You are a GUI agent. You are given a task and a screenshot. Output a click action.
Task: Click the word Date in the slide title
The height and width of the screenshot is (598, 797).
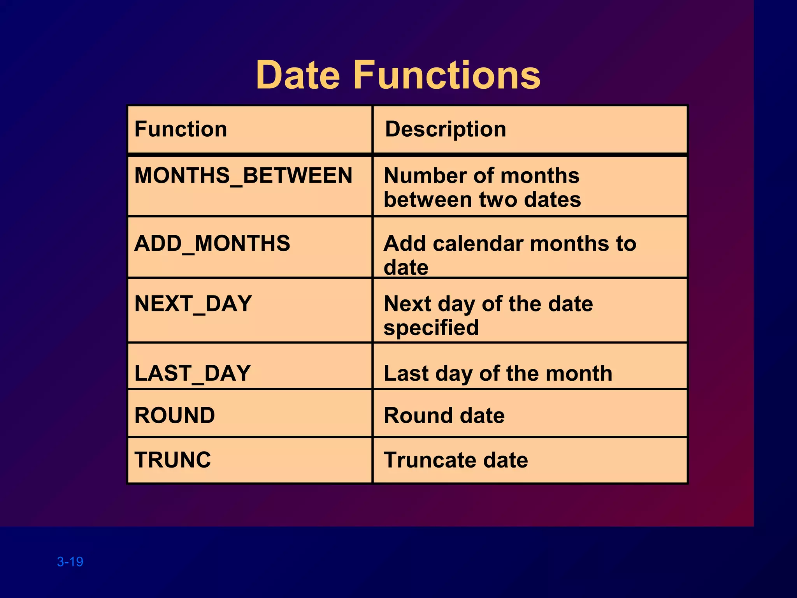(x=298, y=75)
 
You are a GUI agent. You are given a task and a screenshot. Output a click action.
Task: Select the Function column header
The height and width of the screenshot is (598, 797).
(x=181, y=129)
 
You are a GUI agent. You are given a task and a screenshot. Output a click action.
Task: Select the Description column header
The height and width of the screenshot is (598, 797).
(x=446, y=129)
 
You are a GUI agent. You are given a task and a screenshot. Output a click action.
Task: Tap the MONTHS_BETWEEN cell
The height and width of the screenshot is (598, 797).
(x=243, y=176)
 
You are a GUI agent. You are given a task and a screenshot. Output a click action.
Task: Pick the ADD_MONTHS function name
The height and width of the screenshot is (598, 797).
(x=212, y=243)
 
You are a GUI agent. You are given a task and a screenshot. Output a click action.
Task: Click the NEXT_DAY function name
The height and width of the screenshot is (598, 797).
(x=193, y=304)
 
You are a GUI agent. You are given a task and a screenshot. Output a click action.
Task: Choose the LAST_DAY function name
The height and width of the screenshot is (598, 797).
(x=192, y=373)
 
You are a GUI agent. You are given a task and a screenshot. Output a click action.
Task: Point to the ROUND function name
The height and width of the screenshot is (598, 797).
(x=174, y=415)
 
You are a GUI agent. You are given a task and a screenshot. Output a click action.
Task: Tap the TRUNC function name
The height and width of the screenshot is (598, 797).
(x=172, y=460)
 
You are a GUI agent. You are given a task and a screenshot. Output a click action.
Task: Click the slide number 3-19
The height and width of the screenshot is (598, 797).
(x=70, y=561)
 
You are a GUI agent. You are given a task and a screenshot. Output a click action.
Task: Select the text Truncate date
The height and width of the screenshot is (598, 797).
(x=456, y=460)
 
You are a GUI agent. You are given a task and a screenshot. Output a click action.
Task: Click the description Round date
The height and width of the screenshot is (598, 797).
(x=444, y=415)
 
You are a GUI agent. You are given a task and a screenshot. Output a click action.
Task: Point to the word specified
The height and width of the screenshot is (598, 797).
(x=431, y=327)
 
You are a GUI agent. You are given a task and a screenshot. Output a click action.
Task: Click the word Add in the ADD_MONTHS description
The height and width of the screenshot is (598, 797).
(x=404, y=244)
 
